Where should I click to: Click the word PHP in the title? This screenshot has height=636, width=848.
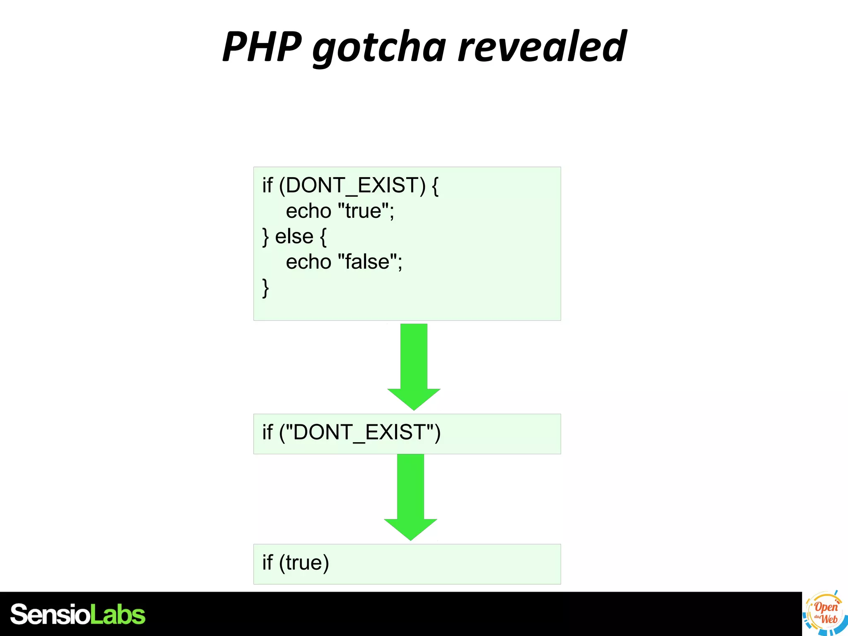pyautogui.click(x=262, y=46)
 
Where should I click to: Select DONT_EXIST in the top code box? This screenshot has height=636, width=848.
pyautogui.click(x=355, y=185)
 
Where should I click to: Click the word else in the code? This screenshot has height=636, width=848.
pyautogui.click(x=294, y=237)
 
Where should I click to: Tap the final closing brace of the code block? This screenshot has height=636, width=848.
pyautogui.click(x=265, y=288)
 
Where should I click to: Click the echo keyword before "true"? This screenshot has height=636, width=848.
pyautogui.click(x=308, y=211)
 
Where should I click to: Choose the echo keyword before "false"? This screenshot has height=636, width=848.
pyautogui.click(x=308, y=262)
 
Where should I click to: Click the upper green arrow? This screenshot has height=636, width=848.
pyautogui.click(x=414, y=366)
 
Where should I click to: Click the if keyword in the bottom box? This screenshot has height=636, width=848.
pyautogui.click(x=267, y=563)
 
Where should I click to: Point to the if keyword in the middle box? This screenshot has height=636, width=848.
pyautogui.click(x=267, y=432)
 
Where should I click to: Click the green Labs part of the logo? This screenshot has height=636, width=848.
pyautogui.click(x=118, y=614)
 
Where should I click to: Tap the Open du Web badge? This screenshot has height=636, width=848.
pyautogui.click(x=825, y=613)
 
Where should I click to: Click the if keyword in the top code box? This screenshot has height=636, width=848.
pyautogui.click(x=267, y=185)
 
